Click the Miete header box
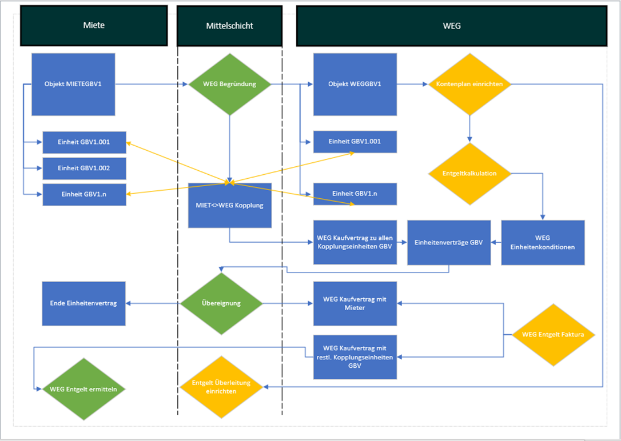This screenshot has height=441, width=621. tap(94, 26)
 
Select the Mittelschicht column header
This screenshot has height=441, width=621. tap(229, 26)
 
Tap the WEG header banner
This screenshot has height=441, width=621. tap(451, 26)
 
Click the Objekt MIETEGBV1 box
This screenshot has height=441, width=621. tap(73, 85)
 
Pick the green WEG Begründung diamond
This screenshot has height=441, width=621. tap(229, 85)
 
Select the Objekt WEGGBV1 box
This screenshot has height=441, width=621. tap(355, 85)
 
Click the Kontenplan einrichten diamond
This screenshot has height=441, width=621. tap(469, 85)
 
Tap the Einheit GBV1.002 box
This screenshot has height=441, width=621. tap(84, 169)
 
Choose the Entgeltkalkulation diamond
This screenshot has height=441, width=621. tap(469, 173)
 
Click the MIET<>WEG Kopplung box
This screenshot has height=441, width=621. tap(229, 205)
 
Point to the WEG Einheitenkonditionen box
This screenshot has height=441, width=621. tap(543, 242)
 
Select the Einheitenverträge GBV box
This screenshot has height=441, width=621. tap(448, 242)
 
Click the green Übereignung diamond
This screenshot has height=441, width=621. tap(221, 303)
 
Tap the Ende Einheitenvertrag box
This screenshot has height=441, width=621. tap(83, 303)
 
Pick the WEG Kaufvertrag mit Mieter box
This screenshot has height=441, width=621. tap(355, 303)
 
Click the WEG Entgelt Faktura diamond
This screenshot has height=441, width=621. tap(553, 334)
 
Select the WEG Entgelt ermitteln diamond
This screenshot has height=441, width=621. tap(83, 389)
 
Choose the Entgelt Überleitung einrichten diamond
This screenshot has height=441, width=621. tap(221, 387)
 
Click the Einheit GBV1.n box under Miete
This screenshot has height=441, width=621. tap(84, 194)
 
